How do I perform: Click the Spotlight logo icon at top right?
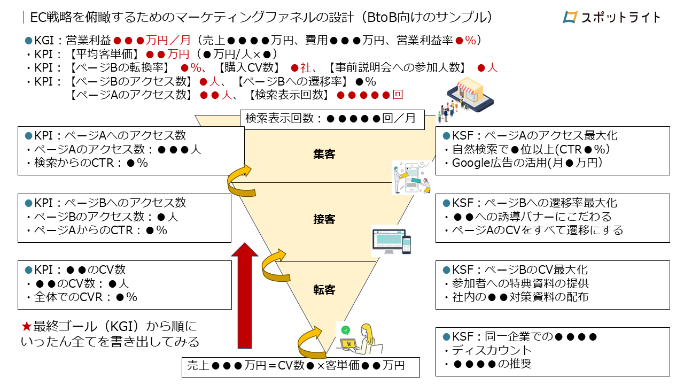pyautogui.click(x=571, y=17)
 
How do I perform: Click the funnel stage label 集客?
pyautogui.click(x=324, y=154)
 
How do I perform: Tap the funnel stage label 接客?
pyautogui.click(x=324, y=219)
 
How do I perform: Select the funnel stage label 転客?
pyautogui.click(x=324, y=290)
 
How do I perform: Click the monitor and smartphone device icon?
pyautogui.click(x=391, y=241)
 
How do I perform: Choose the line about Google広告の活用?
pyautogui.click(x=527, y=163)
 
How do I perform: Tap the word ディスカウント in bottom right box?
pyautogui.click(x=492, y=351)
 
